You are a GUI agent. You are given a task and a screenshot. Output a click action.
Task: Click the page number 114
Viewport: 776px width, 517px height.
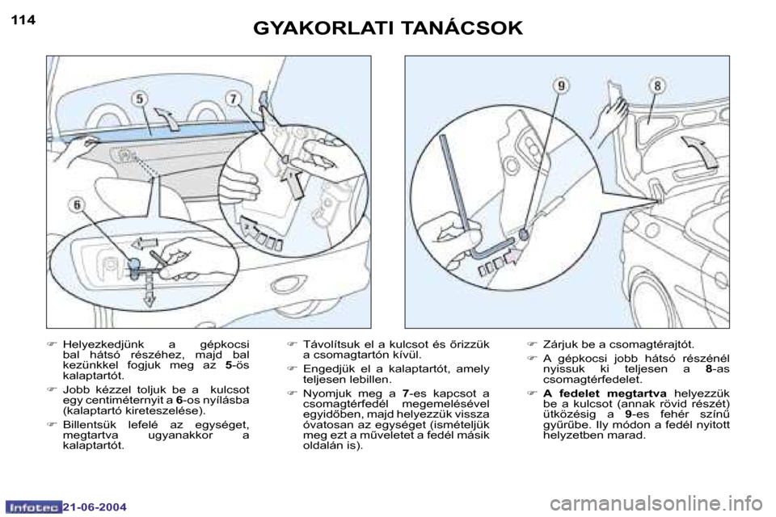[x=23, y=20]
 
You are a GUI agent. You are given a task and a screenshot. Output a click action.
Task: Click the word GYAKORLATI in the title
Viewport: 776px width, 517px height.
[x=323, y=29]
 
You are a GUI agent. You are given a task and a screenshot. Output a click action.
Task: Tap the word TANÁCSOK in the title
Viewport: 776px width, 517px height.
[x=462, y=27]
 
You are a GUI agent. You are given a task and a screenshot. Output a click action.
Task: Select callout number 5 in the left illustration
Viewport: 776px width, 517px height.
[x=140, y=99]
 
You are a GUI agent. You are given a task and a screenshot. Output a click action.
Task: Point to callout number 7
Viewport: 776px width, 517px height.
[x=232, y=98]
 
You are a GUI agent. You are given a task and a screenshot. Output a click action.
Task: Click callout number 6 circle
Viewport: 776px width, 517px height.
[x=77, y=204]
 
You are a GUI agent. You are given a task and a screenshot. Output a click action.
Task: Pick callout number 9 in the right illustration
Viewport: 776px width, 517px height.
[x=561, y=86]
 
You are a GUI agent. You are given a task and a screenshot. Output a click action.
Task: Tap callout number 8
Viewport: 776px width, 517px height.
[x=657, y=86]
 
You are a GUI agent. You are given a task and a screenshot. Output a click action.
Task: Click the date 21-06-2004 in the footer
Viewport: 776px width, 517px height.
[x=95, y=507]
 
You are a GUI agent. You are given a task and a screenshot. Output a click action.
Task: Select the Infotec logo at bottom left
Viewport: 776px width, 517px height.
[x=34, y=507]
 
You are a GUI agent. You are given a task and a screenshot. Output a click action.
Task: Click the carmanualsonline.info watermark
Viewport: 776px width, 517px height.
[x=660, y=505]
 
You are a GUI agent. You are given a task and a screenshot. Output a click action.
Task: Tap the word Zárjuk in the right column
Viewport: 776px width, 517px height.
[x=559, y=344]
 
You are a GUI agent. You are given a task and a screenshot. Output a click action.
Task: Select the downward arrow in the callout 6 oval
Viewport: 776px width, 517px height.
[x=148, y=292]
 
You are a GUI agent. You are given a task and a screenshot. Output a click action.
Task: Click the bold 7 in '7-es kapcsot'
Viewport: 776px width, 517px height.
[x=405, y=393]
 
